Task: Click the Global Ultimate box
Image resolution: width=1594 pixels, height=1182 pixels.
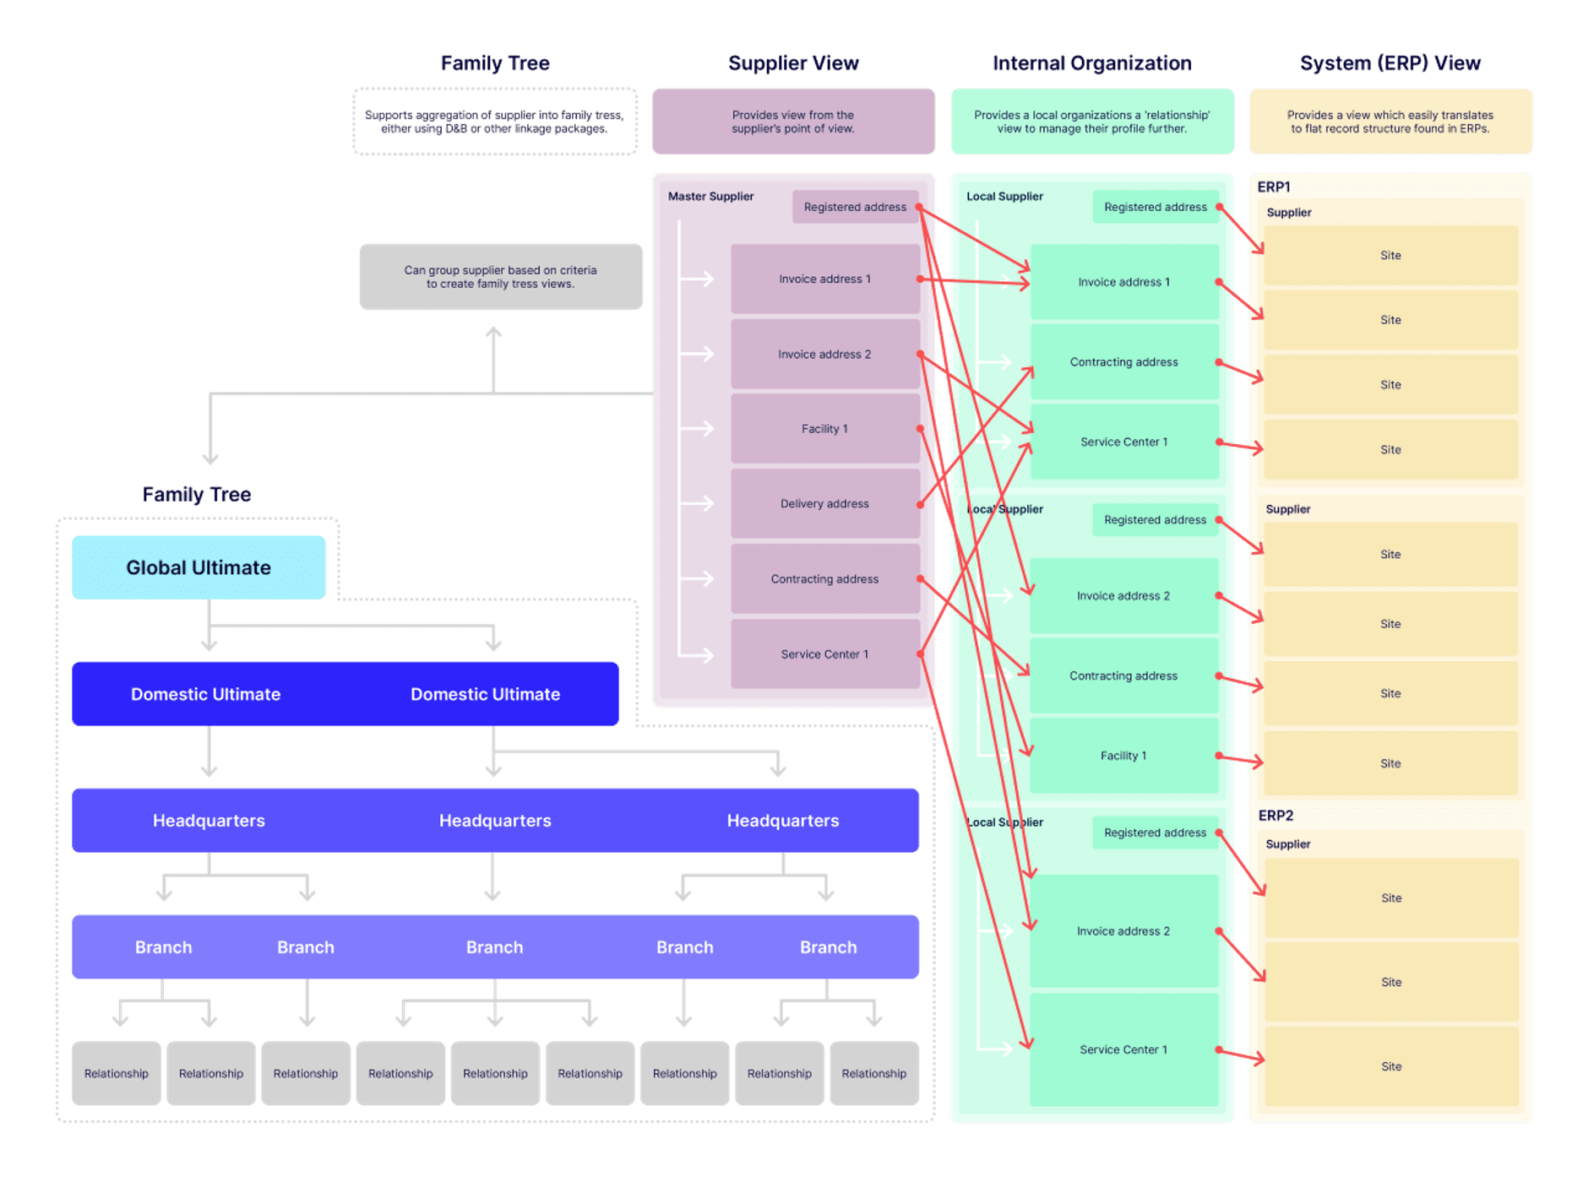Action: click(199, 567)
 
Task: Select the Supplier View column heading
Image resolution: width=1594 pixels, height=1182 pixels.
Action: click(793, 63)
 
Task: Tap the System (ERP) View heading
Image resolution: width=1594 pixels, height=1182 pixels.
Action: click(1390, 63)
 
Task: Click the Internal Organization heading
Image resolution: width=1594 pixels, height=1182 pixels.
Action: click(1091, 63)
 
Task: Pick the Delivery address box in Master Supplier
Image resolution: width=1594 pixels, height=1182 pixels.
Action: click(824, 504)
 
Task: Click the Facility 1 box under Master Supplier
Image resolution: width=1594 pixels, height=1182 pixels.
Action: click(824, 429)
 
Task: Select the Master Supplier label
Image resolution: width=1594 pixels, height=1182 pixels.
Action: click(710, 196)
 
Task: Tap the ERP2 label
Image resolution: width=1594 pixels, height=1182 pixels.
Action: click(1276, 816)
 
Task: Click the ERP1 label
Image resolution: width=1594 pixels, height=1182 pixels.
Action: click(1274, 187)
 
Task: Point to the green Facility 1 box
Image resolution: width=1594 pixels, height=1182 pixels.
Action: click(1123, 756)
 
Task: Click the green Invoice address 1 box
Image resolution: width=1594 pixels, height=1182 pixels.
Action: click(1123, 282)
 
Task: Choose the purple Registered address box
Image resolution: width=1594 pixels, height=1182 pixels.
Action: click(855, 207)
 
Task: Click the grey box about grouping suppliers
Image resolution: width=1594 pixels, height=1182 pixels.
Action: click(500, 277)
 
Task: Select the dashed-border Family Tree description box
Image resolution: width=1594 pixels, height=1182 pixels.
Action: click(494, 122)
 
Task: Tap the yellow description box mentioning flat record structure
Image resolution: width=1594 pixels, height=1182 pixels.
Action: click(1390, 122)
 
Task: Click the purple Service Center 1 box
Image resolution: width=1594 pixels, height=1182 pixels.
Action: click(824, 654)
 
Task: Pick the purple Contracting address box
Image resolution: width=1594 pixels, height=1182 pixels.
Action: click(824, 579)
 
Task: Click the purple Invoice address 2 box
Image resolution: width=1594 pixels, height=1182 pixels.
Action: click(824, 355)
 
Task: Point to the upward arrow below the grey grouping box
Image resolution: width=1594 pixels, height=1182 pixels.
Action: click(493, 346)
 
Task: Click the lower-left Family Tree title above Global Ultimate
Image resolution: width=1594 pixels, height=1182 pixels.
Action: click(197, 495)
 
